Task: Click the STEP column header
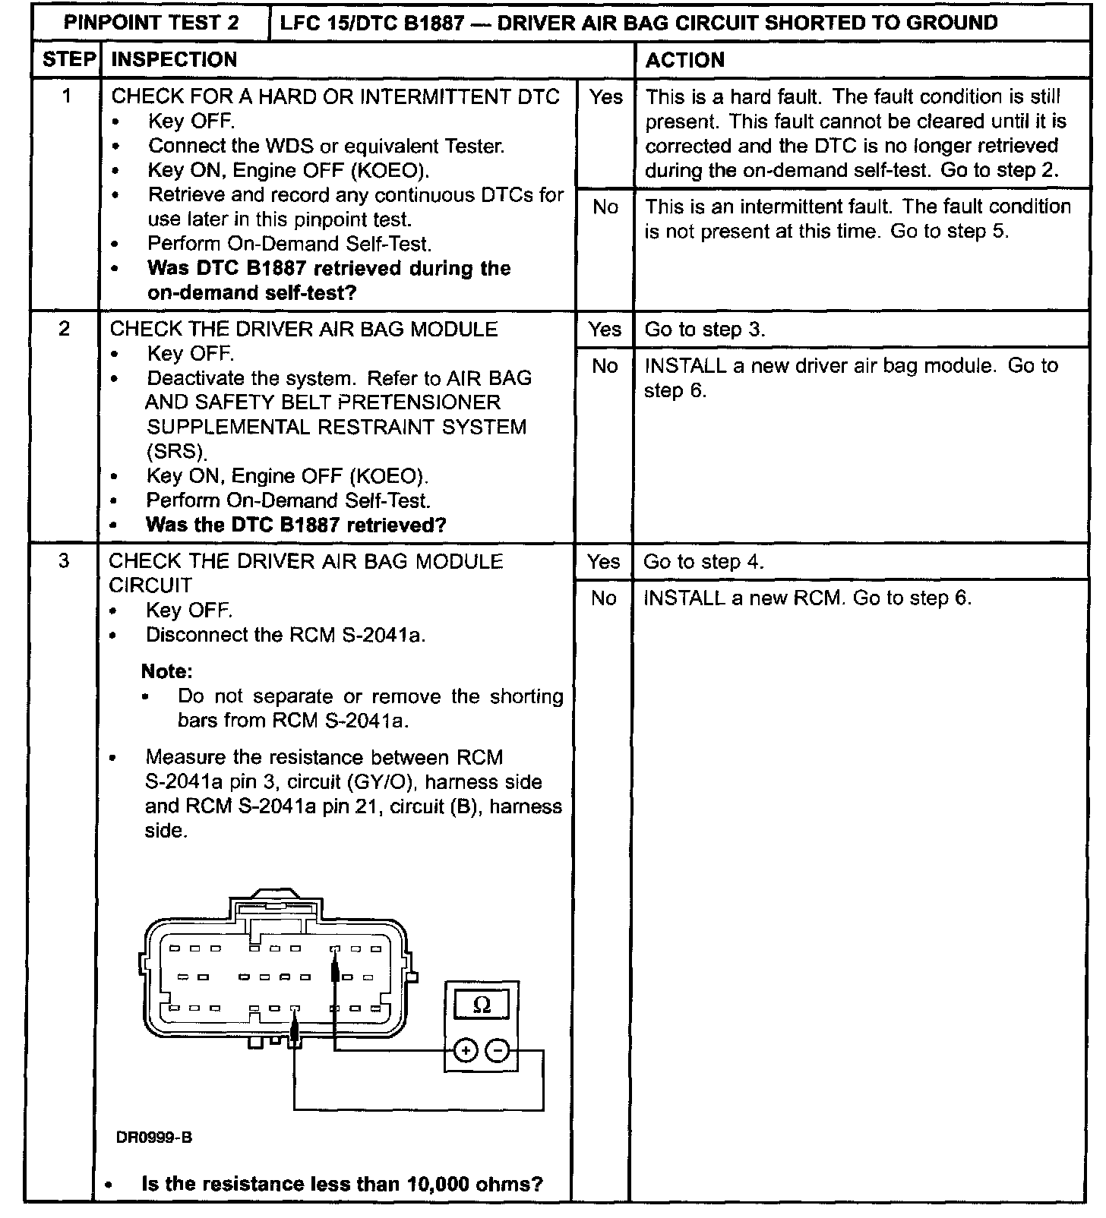[69, 60]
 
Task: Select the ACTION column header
[684, 60]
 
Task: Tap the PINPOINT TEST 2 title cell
[151, 23]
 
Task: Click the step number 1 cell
[67, 96]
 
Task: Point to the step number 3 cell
[64, 560]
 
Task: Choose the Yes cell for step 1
[605, 97]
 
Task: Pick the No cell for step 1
[605, 207]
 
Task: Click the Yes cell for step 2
[604, 330]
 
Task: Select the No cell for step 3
[603, 598]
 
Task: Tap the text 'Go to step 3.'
[704, 330]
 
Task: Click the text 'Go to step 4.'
[703, 562]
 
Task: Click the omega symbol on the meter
[482, 1005]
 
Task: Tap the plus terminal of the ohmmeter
[465, 1051]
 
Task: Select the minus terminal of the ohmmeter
[498, 1051]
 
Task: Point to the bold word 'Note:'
[167, 671]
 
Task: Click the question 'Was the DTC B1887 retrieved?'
[295, 525]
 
